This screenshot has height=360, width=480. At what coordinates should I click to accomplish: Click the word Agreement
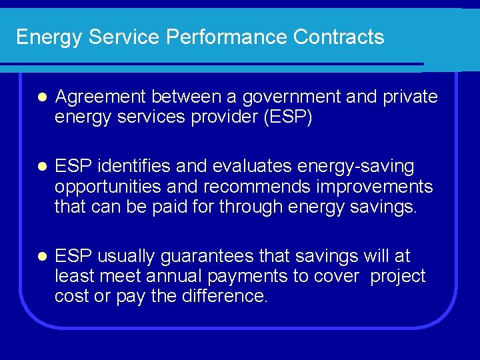101,97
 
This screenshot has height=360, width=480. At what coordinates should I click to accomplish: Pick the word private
411,97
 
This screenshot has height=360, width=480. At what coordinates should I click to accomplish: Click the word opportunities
108,186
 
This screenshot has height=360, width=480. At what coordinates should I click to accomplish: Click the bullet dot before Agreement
41,98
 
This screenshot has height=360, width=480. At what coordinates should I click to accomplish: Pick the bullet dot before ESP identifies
41,167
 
